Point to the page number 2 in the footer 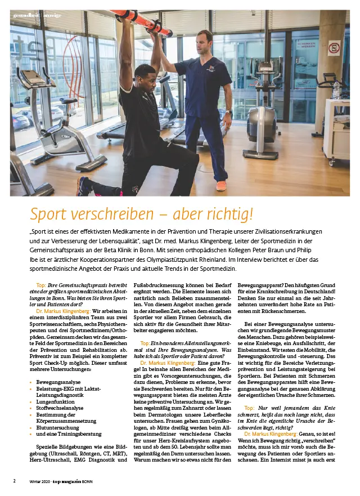(15, 481)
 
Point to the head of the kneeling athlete (145, 73)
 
